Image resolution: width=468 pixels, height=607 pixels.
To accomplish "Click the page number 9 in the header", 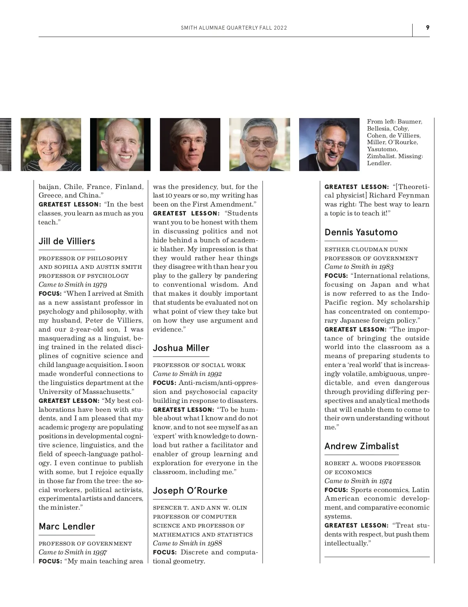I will pyautogui.click(x=427, y=27).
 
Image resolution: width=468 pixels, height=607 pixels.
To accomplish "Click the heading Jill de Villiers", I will pyautogui.click(x=67, y=241).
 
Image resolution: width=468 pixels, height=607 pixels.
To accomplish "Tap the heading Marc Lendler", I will pyautogui.click(x=67, y=526).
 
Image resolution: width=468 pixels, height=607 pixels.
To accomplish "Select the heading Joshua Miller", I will pyautogui.click(x=181, y=348).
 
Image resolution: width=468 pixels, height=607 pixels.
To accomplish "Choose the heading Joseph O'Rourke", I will pyautogui.click(x=190, y=491).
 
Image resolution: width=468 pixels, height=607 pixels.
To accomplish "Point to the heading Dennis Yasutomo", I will pyautogui.click(x=361, y=232).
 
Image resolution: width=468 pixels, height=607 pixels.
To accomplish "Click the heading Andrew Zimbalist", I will pyautogui.click(x=362, y=446).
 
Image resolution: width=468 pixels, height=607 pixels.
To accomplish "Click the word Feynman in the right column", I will pyautogui.click(x=413, y=196).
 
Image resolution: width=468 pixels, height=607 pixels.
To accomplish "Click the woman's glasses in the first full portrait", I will pyautogui.click(x=48, y=143).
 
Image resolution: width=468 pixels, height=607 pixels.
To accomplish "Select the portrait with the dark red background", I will pyautogui.click(x=190, y=145).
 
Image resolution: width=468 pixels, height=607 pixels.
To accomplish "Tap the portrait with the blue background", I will pyautogui.click(x=329, y=145).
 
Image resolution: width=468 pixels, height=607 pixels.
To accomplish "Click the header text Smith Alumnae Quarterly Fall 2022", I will pyautogui.click(x=234, y=28).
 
